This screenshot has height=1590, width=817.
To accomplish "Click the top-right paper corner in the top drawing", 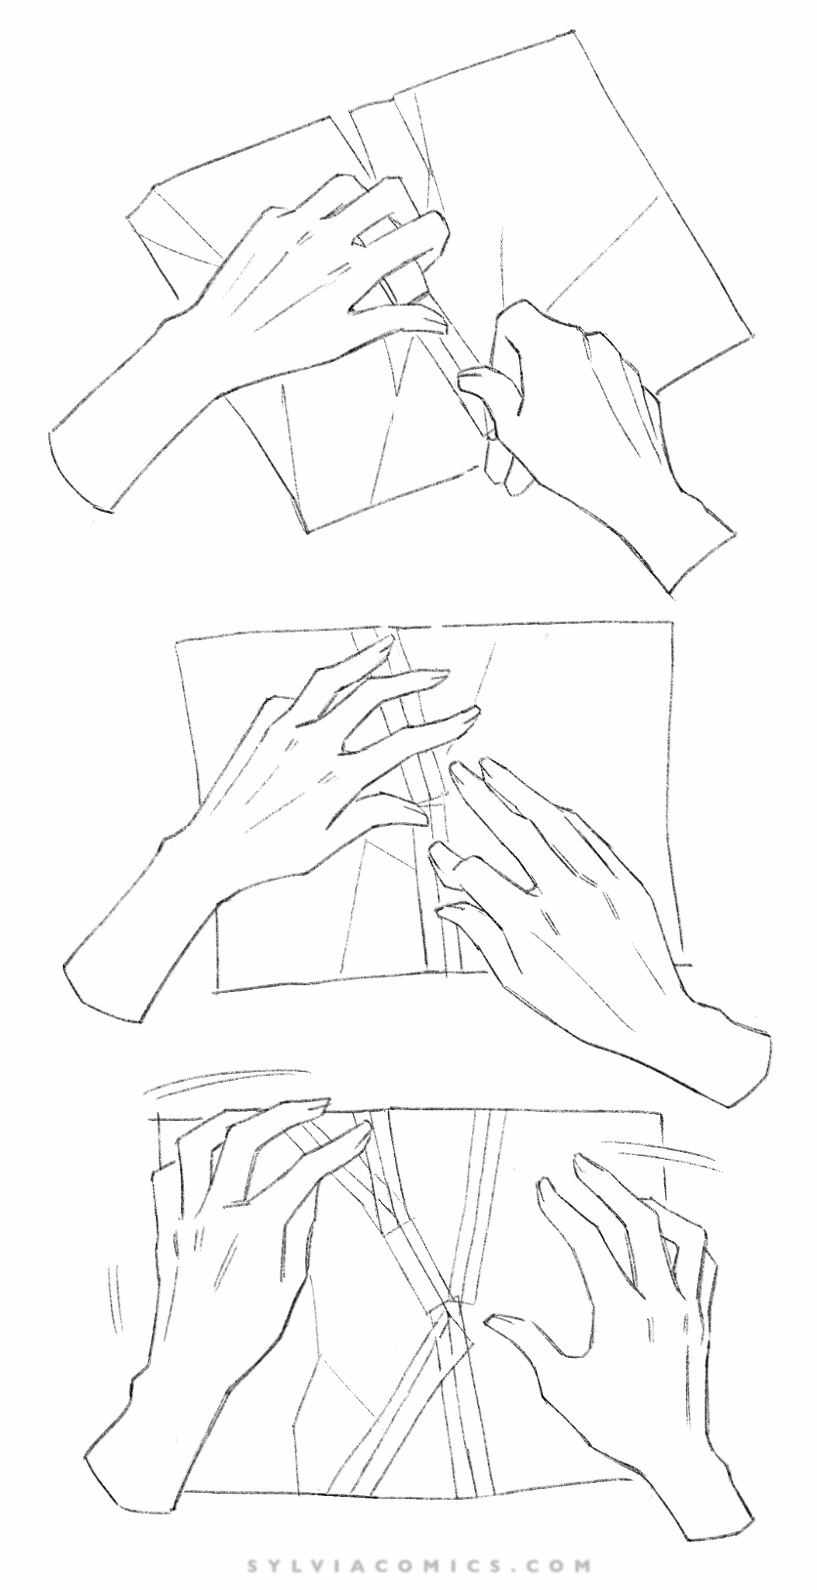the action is [x=573, y=31].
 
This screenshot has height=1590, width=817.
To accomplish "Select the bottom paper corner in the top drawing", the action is [x=310, y=532].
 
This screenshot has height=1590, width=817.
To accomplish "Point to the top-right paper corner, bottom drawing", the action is [x=663, y=1114].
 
